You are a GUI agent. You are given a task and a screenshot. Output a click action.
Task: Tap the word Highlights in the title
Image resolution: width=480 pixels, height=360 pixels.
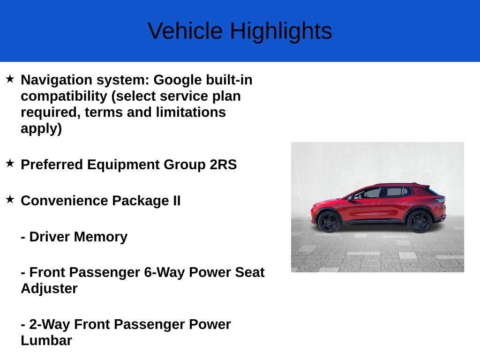click(281, 31)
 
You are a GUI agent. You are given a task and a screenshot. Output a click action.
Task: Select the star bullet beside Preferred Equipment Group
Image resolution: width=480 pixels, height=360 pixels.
click(10, 163)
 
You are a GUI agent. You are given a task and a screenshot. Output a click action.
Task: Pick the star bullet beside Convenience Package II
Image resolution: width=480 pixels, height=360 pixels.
click(10, 199)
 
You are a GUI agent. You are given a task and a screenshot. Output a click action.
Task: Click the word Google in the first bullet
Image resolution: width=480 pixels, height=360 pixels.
click(178, 80)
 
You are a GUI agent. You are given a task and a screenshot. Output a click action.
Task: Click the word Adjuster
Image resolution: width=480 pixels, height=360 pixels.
click(49, 288)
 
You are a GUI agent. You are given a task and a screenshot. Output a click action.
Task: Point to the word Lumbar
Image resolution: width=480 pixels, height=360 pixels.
click(46, 340)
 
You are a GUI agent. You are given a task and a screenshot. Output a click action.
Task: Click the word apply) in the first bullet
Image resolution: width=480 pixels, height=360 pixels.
click(41, 128)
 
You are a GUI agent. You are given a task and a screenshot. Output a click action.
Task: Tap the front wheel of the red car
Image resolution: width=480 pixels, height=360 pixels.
click(329, 222)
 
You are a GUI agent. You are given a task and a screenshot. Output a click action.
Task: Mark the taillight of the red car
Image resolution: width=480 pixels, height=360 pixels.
click(440, 200)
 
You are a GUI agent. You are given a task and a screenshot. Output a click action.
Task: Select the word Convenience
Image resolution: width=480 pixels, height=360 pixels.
click(64, 201)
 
